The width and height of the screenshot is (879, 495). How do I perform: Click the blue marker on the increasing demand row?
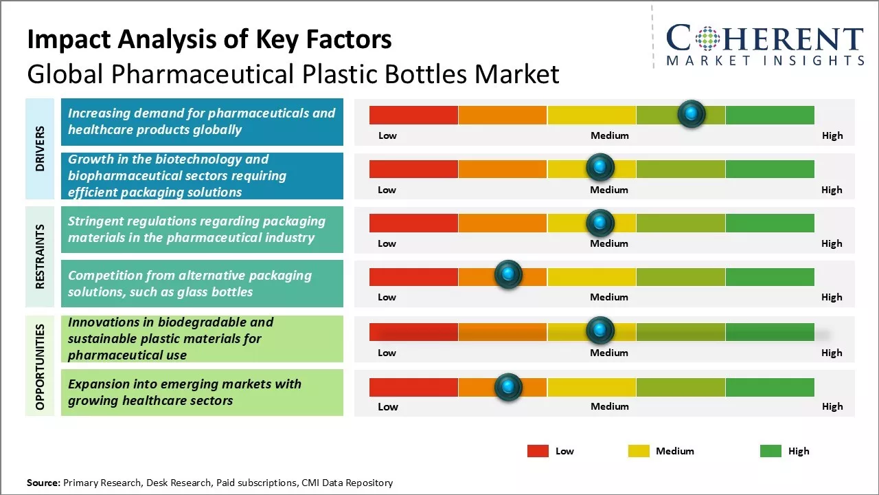coord(692,113)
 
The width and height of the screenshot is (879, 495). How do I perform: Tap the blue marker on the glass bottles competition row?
coord(508,275)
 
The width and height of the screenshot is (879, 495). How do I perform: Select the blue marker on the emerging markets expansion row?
coord(508,387)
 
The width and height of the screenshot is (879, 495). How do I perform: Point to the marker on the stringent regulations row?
coord(600,222)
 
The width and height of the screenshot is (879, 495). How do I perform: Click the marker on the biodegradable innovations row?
coord(600,331)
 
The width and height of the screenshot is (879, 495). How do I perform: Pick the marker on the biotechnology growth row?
coord(600,167)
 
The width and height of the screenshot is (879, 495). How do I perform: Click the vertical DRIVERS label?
coord(41,148)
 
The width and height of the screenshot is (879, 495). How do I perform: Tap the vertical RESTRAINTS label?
coord(41,256)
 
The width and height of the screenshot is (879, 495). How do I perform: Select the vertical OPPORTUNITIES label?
coord(41,366)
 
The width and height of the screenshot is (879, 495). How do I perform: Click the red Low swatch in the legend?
coord(538,451)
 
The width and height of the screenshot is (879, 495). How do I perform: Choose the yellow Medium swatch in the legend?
coord(639,451)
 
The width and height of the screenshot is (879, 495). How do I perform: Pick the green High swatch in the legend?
coord(770,451)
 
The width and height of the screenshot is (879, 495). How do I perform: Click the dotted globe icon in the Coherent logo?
coord(707,38)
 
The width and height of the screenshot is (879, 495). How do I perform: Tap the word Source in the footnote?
coord(43,483)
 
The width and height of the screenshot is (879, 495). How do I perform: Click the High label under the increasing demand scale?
coord(832,135)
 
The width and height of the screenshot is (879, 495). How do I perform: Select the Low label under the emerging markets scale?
coord(388,406)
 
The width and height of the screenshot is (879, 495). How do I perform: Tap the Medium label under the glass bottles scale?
coord(609,297)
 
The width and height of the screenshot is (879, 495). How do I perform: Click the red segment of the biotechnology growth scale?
coord(413,168)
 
